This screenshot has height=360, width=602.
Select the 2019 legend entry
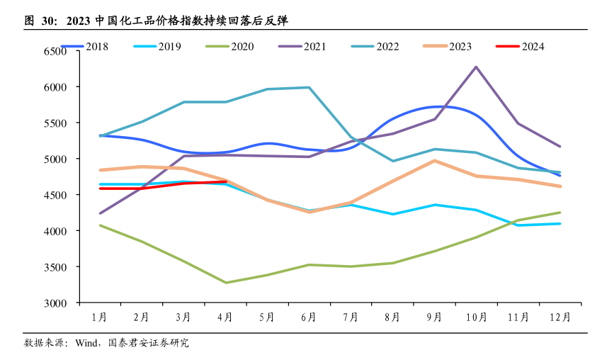(x=157, y=47)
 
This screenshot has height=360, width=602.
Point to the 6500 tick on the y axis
(x=55, y=52)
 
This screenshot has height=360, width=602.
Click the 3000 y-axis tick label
(x=55, y=303)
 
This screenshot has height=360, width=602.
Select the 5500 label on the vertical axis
(x=55, y=123)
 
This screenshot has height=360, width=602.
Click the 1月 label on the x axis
(x=100, y=317)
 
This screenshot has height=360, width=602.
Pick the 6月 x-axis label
(x=309, y=317)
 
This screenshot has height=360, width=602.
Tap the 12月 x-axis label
(x=560, y=317)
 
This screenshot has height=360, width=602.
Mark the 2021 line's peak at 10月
(x=476, y=67)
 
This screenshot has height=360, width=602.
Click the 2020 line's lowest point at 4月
(x=225, y=283)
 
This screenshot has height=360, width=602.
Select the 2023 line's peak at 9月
(x=434, y=160)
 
